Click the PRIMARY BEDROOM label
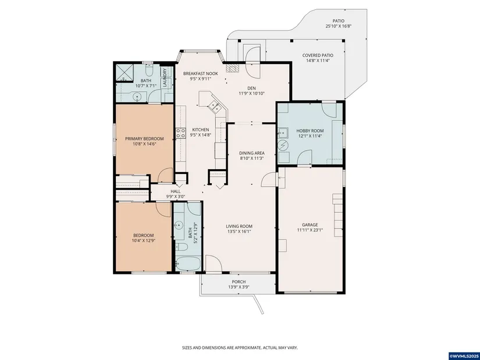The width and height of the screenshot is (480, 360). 144,138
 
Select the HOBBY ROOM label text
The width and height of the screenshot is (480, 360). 310,131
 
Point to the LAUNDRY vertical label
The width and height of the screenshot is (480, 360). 165,78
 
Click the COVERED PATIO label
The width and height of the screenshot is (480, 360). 318,55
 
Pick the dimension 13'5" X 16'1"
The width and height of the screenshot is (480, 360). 239,231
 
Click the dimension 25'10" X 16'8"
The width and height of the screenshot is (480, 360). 338,26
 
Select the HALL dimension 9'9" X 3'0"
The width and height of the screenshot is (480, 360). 175,197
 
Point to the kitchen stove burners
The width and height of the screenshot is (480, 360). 180,133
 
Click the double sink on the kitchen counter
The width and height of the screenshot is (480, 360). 214,107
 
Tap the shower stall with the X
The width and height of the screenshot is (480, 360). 125,72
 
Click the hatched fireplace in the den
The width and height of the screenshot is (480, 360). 232,68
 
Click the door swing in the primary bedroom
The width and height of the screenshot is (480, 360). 165,175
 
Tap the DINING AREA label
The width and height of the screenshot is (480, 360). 252,153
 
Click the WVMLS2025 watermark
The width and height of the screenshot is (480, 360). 464,357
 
